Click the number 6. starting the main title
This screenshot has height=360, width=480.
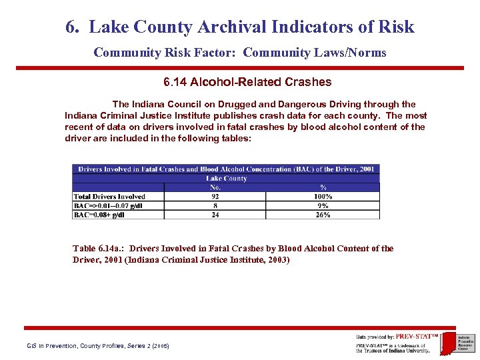coord(73,27)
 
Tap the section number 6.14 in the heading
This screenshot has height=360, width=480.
coord(175,83)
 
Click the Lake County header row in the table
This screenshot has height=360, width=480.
coord(226,179)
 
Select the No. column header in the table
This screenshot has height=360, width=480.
coord(215,187)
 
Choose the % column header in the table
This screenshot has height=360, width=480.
coord(323,187)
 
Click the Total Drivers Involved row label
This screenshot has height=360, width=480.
coord(110,197)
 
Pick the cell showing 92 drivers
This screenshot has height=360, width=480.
coord(215,197)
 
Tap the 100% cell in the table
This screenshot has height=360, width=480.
coord(323,197)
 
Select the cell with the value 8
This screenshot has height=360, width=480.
coord(215,206)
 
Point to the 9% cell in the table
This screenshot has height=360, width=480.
coord(323,206)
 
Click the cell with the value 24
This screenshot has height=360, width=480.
coord(215,215)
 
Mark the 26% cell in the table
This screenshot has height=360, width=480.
coord(323,215)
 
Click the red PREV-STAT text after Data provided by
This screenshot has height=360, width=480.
coord(416,337)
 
